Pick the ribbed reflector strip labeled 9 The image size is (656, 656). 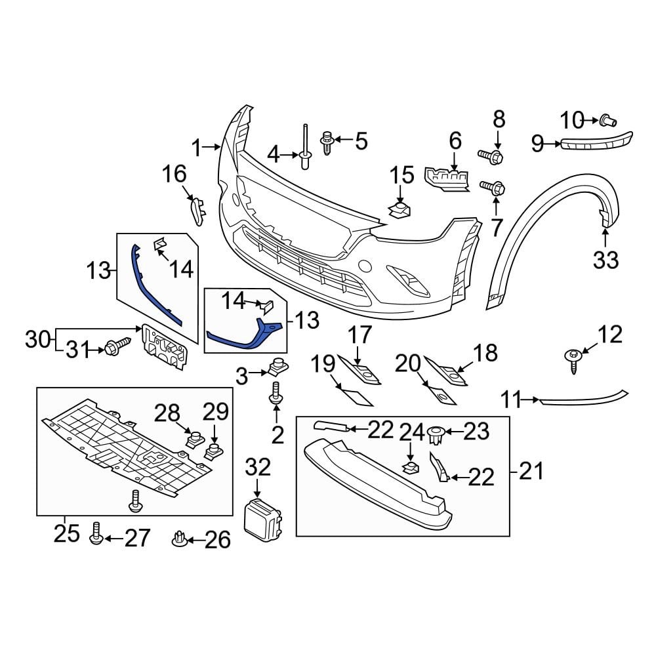[x=594, y=142]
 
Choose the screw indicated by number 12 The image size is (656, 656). [x=572, y=359]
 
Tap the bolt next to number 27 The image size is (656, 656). [x=96, y=534]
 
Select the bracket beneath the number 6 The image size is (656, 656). [x=448, y=179]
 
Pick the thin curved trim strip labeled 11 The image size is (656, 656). [x=584, y=398]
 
